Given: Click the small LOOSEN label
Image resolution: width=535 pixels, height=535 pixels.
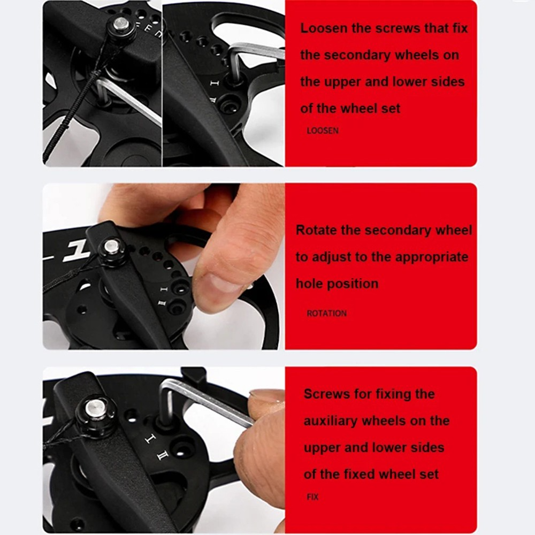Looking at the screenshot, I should coord(323,131).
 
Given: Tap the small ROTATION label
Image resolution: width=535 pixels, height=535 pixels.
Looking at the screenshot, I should coord(326,314).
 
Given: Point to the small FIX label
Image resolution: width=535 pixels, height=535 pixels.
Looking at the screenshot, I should coord(312,497).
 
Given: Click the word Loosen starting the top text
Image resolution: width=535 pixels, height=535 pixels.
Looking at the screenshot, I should coord(324,28).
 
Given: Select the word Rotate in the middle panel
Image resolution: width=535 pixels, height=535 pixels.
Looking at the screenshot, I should coord(316,231).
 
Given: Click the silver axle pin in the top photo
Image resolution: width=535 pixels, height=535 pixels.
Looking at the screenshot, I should coord(121,24).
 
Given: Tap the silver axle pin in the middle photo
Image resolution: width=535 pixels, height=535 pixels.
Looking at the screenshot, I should coord(111,247).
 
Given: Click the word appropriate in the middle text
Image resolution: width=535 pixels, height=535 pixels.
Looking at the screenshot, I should coord(431,257).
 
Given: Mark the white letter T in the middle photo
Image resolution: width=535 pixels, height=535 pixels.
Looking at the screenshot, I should coord(73,251).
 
